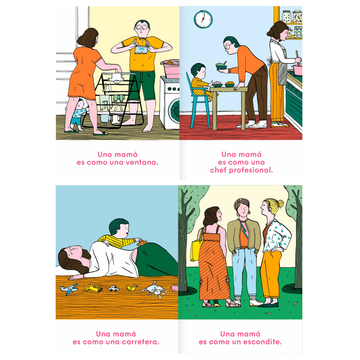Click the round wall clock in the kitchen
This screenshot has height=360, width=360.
click(203, 20)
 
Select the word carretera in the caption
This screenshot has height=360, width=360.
click(140, 342)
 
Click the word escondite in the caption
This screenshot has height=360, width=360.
click(262, 342)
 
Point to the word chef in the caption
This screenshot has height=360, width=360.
click(218, 170)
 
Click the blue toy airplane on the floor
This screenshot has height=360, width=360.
click(69, 289)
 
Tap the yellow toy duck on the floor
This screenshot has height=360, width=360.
click(132, 287)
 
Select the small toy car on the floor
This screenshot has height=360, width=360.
click(114, 288)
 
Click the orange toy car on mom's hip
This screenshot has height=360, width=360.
click(142, 242)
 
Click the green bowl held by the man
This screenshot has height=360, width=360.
click(221, 67)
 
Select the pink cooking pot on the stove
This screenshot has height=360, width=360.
click(298, 70)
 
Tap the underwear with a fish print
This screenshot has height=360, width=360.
click(141, 50)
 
